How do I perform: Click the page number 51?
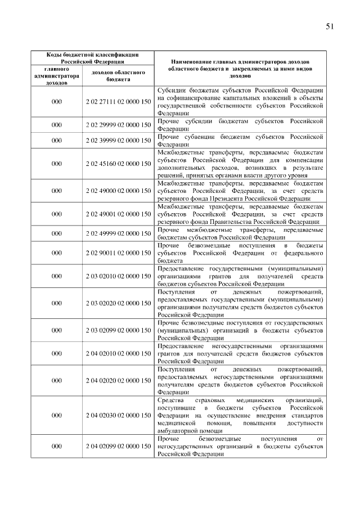tap(330, 26)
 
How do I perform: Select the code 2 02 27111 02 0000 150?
tap(119, 102)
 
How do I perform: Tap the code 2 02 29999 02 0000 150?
tap(119, 125)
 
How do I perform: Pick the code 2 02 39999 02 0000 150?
tap(119, 140)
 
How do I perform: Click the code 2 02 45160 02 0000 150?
tap(119, 164)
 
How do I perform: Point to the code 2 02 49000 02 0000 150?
tap(119, 191)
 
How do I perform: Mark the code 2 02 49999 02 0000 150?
tap(119, 234)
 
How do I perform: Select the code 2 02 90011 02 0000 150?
tap(119, 253)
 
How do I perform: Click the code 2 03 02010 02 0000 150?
tap(119, 276)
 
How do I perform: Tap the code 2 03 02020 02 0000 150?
tap(119, 303)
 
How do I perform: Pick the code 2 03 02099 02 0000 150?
tap(119, 330)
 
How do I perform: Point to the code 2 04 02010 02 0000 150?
tap(119, 354)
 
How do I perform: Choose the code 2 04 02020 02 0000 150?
tap(119, 381)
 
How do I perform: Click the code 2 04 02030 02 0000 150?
tap(119, 415)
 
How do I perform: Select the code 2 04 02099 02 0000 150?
tap(119, 446)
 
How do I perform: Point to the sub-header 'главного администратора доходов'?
tap(56, 75)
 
